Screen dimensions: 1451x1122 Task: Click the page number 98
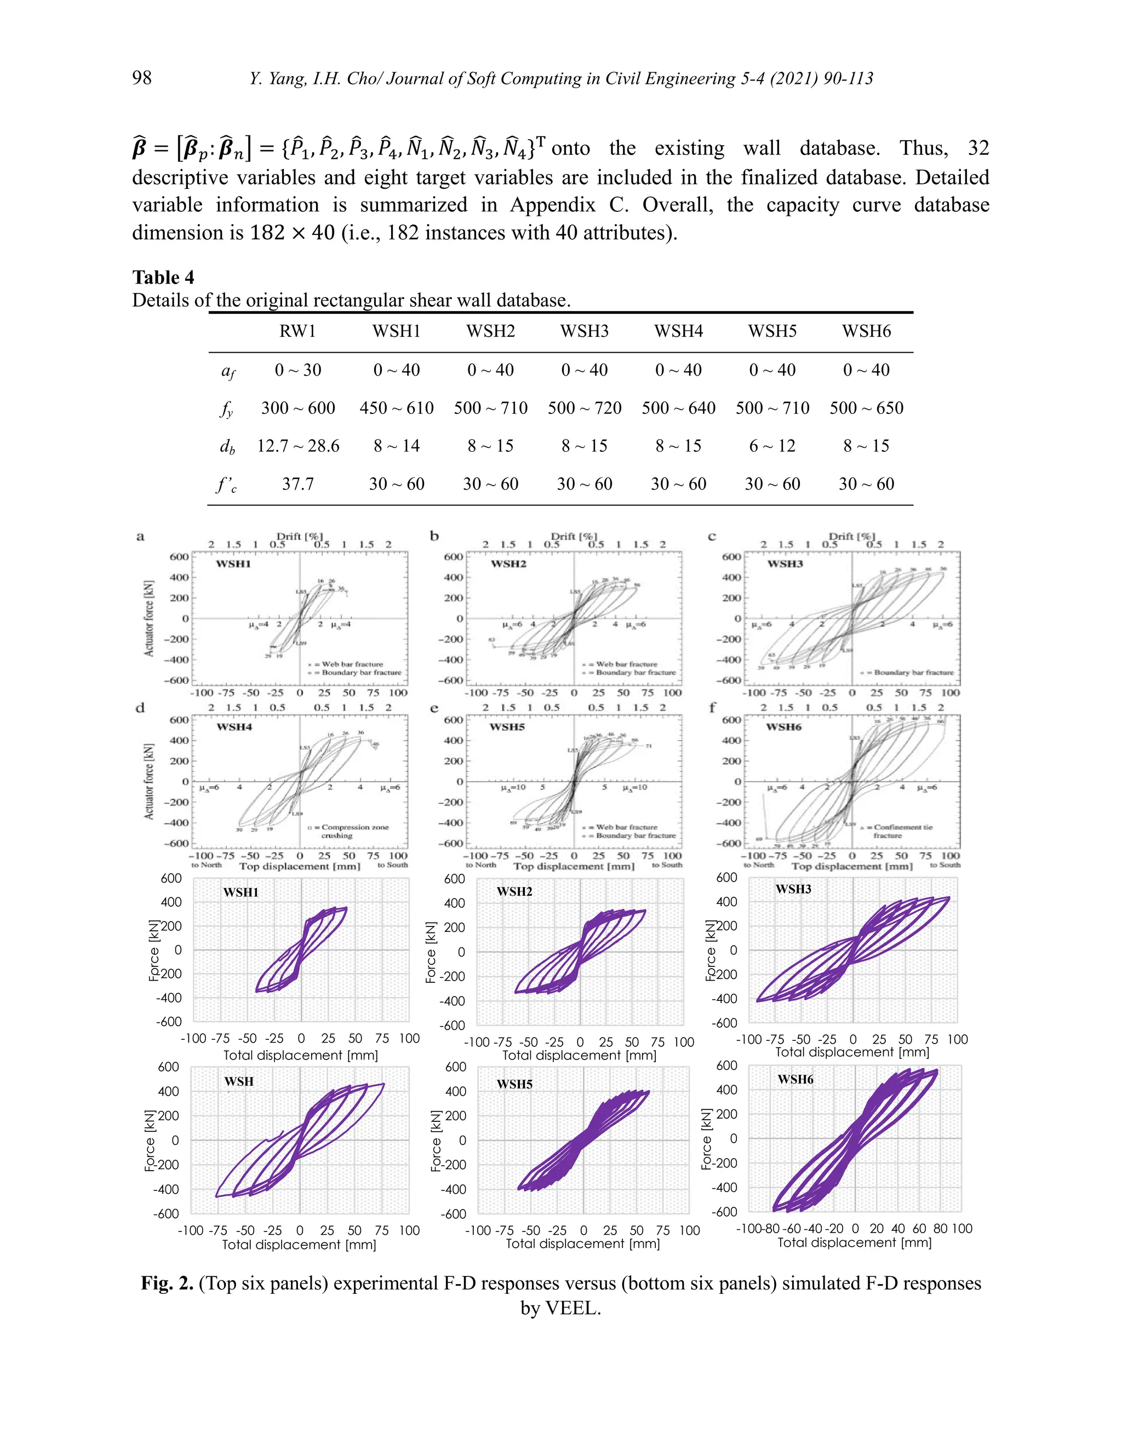tap(141, 78)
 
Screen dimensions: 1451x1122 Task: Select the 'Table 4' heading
tap(163, 277)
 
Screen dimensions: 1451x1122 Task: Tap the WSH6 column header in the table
tap(866, 331)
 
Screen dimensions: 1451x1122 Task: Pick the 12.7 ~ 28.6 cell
tap(298, 446)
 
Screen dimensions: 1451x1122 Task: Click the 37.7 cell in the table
tap(298, 483)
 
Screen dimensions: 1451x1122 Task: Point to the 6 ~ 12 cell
tap(772, 446)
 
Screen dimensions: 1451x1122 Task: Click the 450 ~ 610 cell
tap(396, 408)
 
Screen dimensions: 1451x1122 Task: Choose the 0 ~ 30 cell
tap(298, 370)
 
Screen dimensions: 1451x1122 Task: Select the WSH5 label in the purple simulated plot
tap(514, 1084)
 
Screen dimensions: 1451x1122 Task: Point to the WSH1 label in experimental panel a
tap(233, 564)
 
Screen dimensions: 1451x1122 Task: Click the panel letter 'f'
tap(713, 707)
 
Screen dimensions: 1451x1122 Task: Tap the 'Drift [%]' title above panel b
tap(574, 536)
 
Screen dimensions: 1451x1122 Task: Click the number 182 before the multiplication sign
tap(267, 233)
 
